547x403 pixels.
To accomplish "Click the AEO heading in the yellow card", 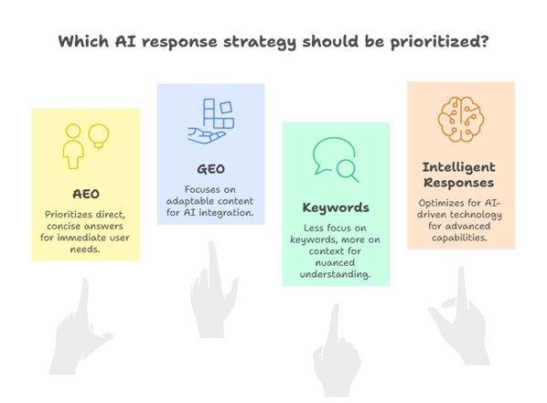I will tap(86, 194).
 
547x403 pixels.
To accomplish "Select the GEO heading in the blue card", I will tap(210, 170).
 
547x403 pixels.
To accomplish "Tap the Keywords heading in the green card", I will tap(335, 207).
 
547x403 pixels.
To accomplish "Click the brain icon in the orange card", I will tap(460, 120).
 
